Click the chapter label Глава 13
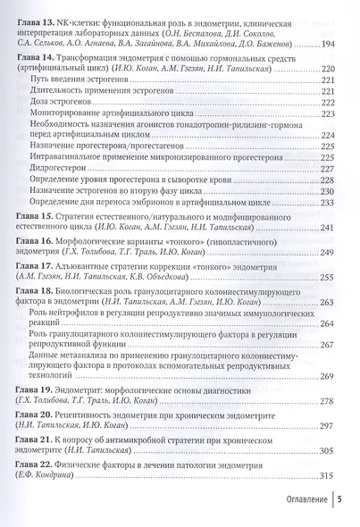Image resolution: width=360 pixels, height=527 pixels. (x=35, y=17)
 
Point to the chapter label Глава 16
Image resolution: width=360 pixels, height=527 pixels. (x=35, y=241)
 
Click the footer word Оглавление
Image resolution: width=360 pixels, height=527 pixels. (x=297, y=502)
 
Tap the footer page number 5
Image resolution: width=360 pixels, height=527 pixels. (x=340, y=502)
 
